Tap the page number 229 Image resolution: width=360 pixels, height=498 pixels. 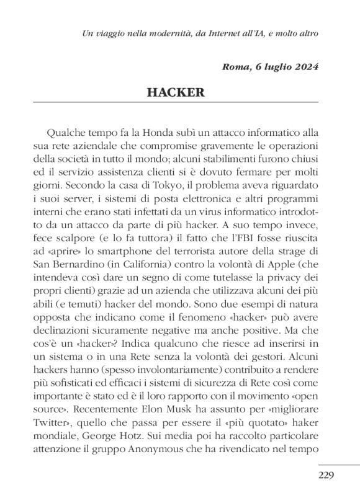(x=326, y=476)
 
